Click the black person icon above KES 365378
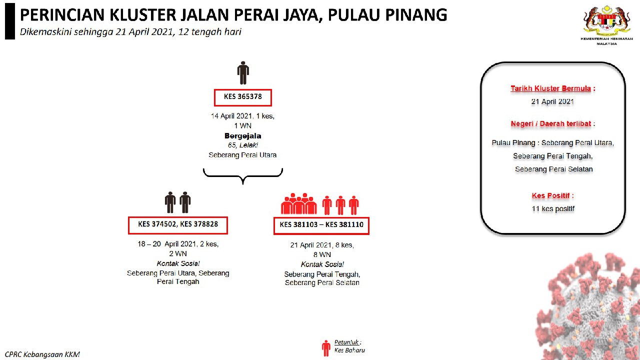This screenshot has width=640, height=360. [x=243, y=73]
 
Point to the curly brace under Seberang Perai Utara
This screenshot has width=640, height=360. [x=243, y=176]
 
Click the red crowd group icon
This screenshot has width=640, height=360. [x=299, y=203]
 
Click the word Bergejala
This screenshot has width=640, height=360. [x=243, y=135]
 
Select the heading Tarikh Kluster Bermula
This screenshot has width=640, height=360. [x=550, y=88]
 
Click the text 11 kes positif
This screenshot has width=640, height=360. [x=553, y=209]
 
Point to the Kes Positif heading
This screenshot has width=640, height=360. [x=550, y=195]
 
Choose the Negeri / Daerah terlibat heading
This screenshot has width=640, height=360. [x=551, y=123]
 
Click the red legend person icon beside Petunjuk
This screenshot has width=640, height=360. [x=326, y=348]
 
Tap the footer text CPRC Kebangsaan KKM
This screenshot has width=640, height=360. [x=42, y=354]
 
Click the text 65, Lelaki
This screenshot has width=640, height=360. [x=243, y=145]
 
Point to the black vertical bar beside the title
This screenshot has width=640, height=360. [x=10, y=21]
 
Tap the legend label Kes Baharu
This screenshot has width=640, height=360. [x=349, y=350]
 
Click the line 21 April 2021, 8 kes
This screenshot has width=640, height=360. [x=322, y=245]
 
